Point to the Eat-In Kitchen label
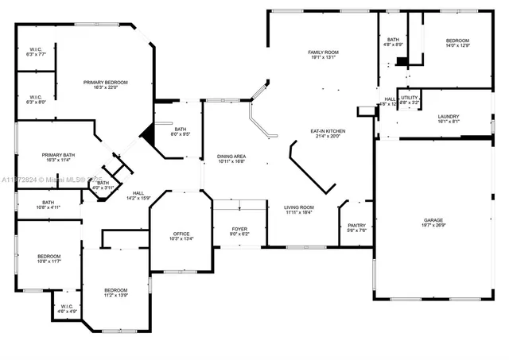(x=326, y=133)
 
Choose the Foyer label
(x=239, y=230)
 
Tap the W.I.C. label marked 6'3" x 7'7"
(x=36, y=52)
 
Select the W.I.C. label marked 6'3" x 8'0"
(x=36, y=99)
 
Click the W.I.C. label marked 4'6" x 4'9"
(x=67, y=308)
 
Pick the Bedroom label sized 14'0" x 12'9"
(x=457, y=43)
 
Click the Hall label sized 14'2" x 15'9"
(x=138, y=195)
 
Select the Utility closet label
(x=410, y=100)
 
